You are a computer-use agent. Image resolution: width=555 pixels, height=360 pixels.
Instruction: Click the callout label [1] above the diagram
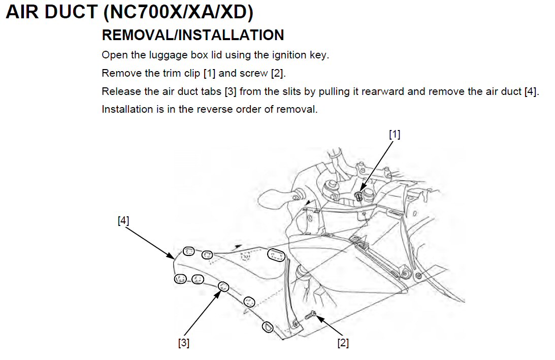pyautogui.click(x=395, y=134)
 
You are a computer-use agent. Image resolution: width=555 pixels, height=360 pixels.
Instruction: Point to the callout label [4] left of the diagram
pyautogui.click(x=123, y=220)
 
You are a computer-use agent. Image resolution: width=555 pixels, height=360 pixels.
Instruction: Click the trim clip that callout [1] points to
pyautogui.click(x=359, y=196)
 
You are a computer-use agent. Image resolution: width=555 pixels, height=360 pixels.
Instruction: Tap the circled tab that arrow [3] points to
pyautogui.click(x=223, y=286)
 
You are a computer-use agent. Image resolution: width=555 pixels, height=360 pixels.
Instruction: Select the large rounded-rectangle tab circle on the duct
pyautogui.click(x=276, y=254)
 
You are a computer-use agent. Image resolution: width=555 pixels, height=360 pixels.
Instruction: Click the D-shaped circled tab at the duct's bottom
pyautogui.click(x=268, y=326)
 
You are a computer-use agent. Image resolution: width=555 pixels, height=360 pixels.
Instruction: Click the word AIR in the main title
pyautogui.click(x=22, y=12)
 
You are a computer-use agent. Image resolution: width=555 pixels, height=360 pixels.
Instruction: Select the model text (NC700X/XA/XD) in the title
pyautogui.click(x=178, y=12)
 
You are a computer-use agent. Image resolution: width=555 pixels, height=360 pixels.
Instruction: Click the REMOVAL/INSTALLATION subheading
pyautogui.click(x=193, y=35)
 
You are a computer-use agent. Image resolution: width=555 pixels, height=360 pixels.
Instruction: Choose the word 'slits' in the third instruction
pyautogui.click(x=291, y=91)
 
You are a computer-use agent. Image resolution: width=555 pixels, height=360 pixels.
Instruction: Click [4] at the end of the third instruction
pyautogui.click(x=532, y=91)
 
